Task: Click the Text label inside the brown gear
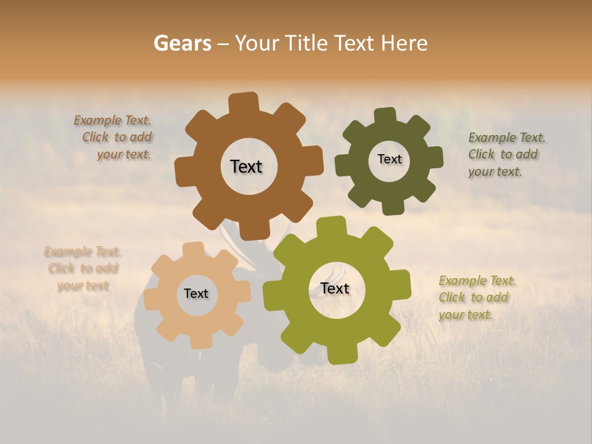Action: (246, 166)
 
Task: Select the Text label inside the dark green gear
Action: (389, 159)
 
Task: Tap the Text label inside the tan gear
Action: (196, 294)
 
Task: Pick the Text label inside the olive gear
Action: (335, 288)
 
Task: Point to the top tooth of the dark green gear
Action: (385, 115)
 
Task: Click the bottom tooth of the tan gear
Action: (199, 341)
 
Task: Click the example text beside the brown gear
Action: (114, 138)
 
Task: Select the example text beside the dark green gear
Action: (505, 154)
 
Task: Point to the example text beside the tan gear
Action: (83, 268)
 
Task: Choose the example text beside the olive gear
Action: (476, 298)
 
